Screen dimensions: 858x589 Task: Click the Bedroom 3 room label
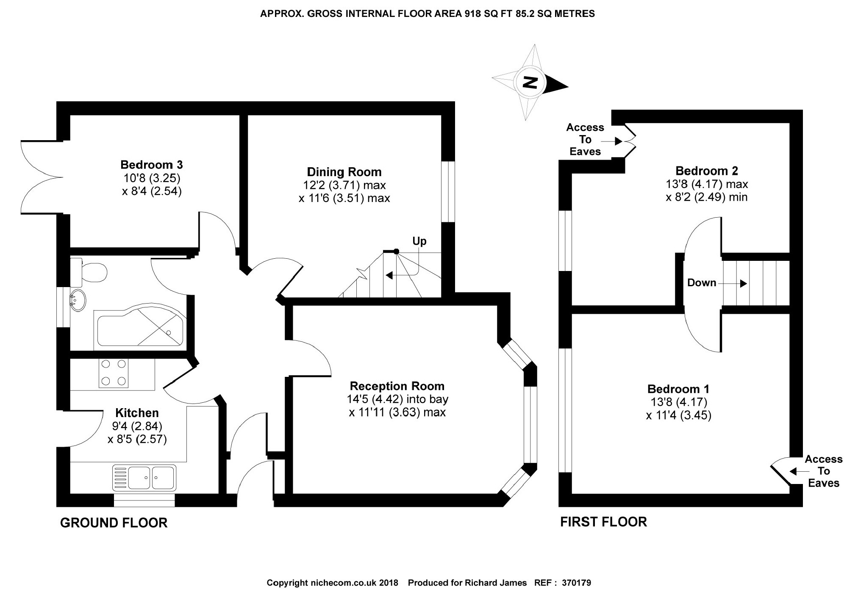(151, 165)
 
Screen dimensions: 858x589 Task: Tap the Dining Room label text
(344, 172)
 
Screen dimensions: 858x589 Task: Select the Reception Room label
(397, 386)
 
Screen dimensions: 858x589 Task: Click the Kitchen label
(137, 413)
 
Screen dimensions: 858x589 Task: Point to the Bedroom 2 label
(706, 171)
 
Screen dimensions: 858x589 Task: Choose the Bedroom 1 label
(678, 389)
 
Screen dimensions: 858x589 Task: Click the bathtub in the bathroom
(140, 325)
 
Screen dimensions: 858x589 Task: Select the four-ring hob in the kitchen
(113, 373)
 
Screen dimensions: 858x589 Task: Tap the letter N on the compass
(529, 82)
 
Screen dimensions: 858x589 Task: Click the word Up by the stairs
(419, 241)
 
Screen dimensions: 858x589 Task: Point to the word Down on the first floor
(702, 283)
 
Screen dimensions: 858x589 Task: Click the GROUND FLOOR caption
(114, 523)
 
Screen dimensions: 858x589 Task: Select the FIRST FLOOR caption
(603, 522)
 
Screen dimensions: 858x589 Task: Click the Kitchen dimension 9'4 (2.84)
(136, 426)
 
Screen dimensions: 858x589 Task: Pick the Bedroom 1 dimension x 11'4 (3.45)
(678, 415)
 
